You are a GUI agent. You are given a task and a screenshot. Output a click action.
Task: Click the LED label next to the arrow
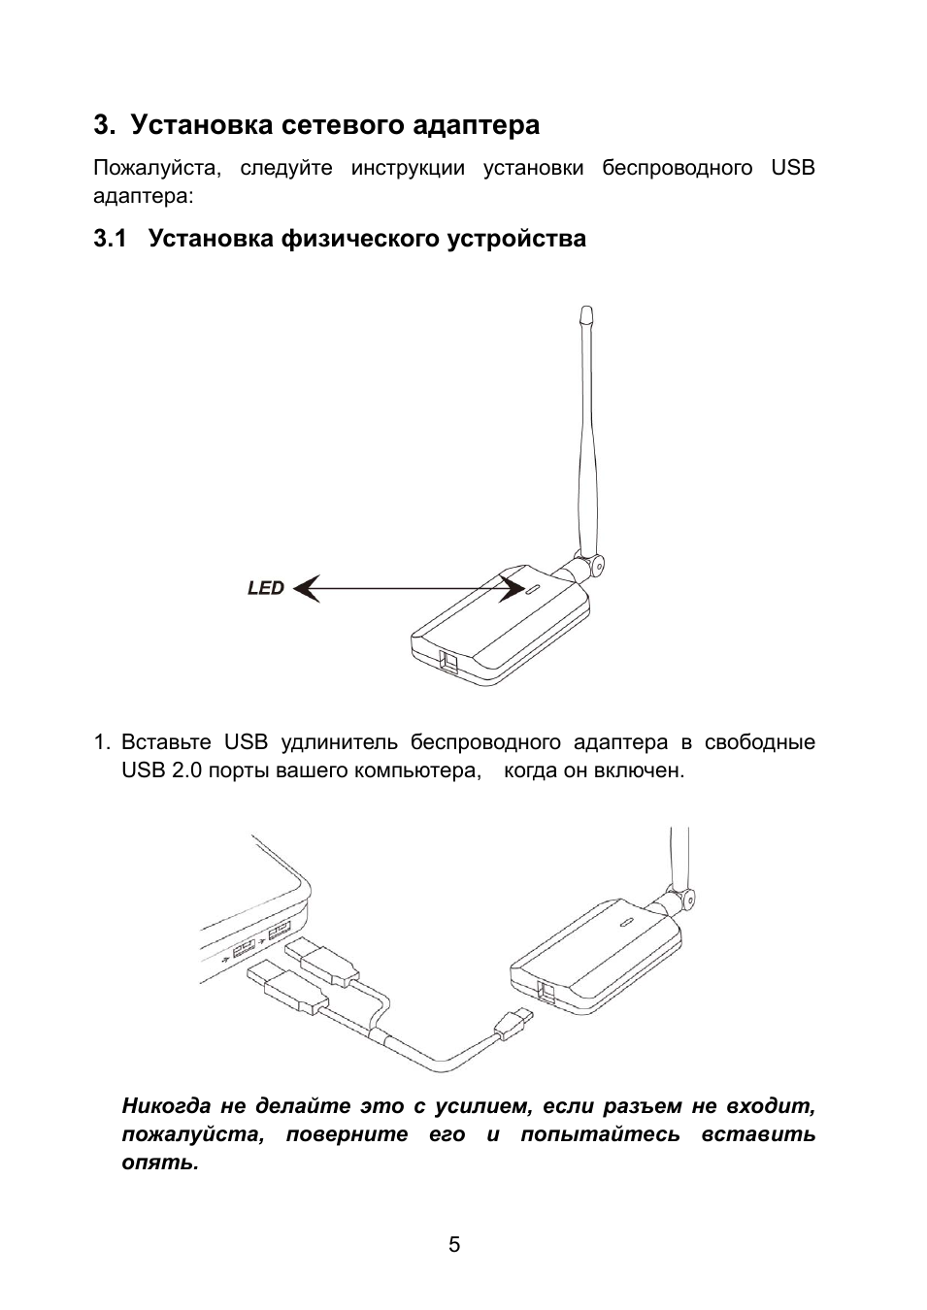[265, 588]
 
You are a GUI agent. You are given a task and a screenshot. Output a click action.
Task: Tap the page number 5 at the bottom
[454, 1245]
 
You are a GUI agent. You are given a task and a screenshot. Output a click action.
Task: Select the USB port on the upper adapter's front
[453, 661]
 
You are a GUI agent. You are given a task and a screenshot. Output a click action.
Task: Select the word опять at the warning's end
[158, 1162]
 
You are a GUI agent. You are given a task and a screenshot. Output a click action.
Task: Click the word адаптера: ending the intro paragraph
[143, 196]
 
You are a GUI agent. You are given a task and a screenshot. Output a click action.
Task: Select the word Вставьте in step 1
[166, 742]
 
